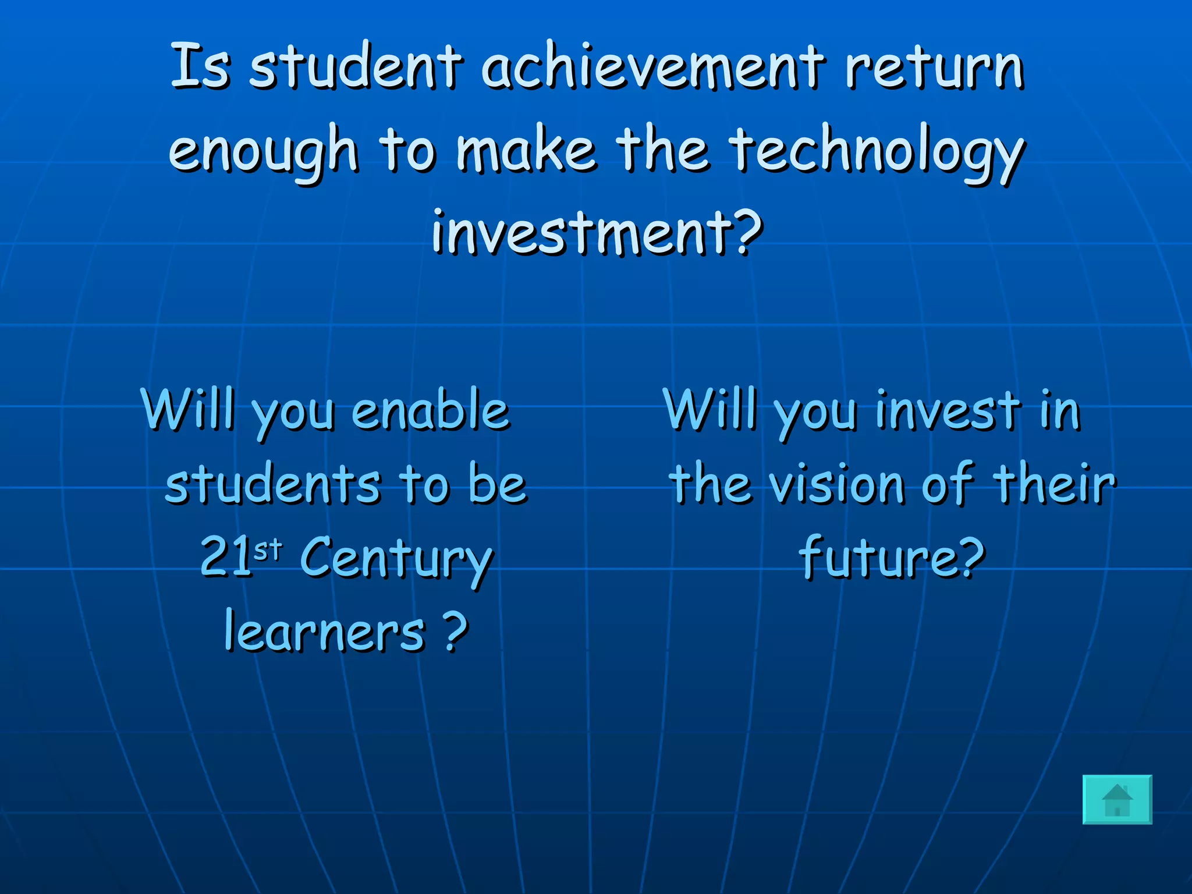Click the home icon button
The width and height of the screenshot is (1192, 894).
(1117, 800)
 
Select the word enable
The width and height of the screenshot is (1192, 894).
(430, 410)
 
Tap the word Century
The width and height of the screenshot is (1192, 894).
(396, 559)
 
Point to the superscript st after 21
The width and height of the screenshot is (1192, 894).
(268, 548)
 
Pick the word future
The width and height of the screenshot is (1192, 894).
(875, 558)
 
